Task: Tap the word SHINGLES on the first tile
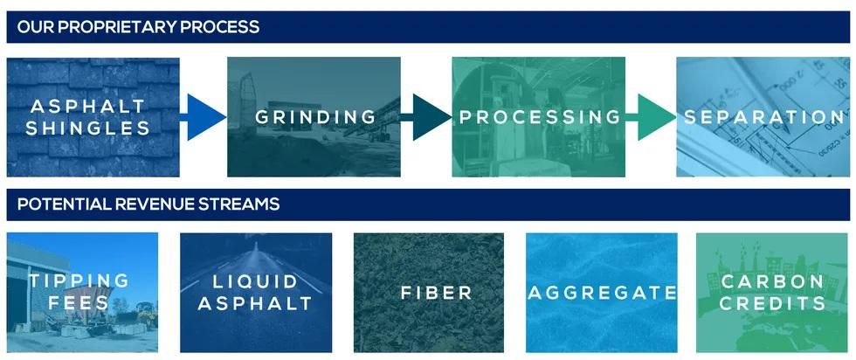click(88, 129)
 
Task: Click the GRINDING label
click(315, 117)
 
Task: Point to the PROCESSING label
click(540, 117)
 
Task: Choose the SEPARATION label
click(764, 117)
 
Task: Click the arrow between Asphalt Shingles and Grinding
click(203, 117)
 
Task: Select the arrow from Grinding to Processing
click(426, 117)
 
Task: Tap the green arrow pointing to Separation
click(651, 117)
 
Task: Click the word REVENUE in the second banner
click(152, 204)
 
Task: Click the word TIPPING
click(79, 281)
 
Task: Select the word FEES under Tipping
click(78, 303)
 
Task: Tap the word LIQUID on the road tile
click(255, 282)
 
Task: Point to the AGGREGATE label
click(602, 293)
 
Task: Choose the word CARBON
click(772, 282)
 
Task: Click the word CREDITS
click(772, 304)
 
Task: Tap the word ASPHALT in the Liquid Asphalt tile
click(255, 304)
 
